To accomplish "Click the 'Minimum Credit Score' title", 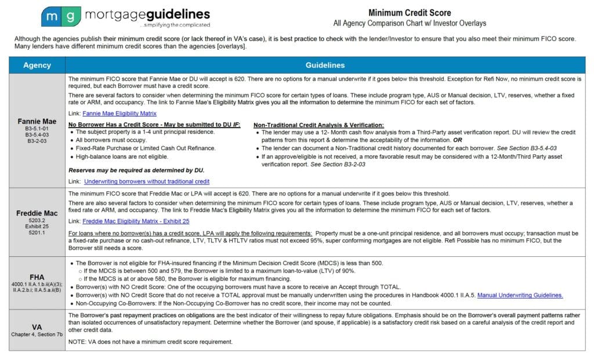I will pos(410,13).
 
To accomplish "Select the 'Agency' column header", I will pos(37,66).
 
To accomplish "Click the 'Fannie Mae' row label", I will pos(37,122).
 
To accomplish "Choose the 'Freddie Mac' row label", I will pos(37,213).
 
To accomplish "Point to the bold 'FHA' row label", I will pos(37,277).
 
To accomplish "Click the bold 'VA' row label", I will pos(37,326).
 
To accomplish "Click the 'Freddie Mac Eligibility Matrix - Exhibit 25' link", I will pos(136,221).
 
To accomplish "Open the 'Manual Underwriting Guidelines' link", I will pos(520,296).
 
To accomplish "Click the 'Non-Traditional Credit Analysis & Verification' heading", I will pos(318,125).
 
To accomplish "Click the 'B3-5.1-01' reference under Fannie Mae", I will pos(37,130).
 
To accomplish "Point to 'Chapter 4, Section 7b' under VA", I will pos(37,334).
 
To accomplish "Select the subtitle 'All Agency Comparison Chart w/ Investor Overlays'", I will pos(410,24).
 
